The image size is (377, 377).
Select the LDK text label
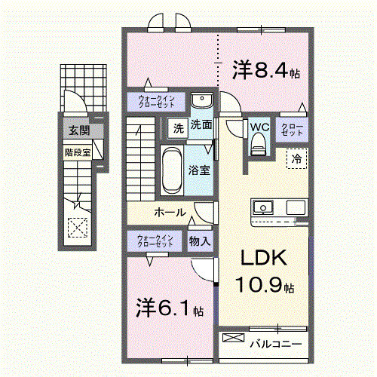tap(263, 258)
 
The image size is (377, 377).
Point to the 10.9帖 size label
tap(264, 287)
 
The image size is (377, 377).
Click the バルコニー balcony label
tap(275, 344)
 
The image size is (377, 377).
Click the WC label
tap(259, 127)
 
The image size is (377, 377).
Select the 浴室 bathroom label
tap(200, 170)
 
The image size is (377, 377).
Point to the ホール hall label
tap(170, 213)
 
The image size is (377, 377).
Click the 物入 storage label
tap(200, 241)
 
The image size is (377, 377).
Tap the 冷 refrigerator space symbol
tap(296, 158)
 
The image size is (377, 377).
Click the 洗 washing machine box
tap(177, 127)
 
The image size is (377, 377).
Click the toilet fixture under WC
tap(259, 144)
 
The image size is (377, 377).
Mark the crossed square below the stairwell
tap(75, 225)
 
